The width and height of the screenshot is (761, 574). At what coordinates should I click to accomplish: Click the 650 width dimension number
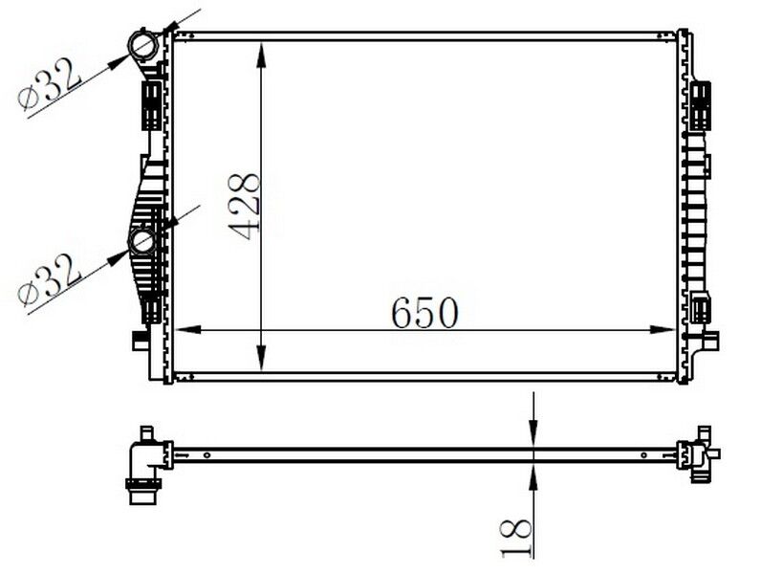pyautogui.click(x=424, y=312)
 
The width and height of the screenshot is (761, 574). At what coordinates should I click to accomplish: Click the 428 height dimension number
pyautogui.click(x=246, y=206)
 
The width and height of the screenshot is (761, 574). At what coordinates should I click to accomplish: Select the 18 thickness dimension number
pyautogui.click(x=515, y=538)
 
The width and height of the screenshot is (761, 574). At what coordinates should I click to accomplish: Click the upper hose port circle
pyautogui.click(x=142, y=45)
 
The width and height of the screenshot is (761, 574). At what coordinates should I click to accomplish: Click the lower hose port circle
pyautogui.click(x=142, y=241)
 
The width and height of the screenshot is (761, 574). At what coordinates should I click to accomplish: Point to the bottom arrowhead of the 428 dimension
pyautogui.click(x=262, y=359)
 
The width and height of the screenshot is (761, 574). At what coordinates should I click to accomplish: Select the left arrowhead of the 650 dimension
pyautogui.click(x=187, y=330)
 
